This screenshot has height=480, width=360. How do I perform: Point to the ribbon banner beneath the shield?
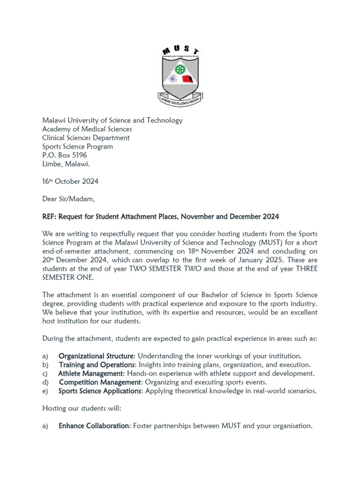tap(180, 99)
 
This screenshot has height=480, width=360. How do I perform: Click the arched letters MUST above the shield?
tap(180, 51)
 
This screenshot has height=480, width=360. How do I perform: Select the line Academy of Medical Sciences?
tap(87, 129)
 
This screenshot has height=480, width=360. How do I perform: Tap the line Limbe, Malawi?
tap(66, 164)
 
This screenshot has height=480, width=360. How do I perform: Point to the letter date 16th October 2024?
tap(70, 181)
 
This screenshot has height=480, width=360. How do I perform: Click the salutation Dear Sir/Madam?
tap(68, 199)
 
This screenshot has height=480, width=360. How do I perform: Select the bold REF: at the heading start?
tap(50, 217)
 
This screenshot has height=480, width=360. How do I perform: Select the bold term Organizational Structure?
tap(96, 356)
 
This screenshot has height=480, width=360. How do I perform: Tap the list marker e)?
tap(45, 391)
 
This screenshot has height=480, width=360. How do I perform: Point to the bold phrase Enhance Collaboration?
tap(94, 426)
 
